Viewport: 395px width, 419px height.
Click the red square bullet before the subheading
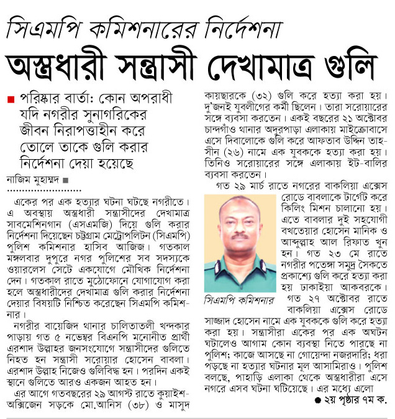point(10,99)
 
